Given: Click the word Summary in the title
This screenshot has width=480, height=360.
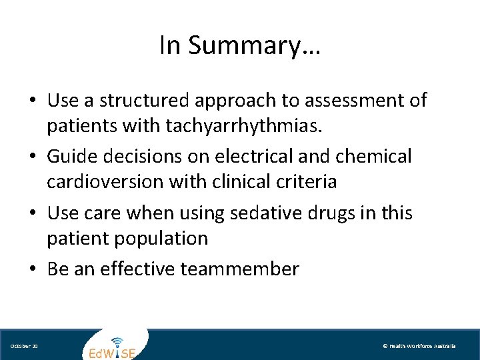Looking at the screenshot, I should tap(254, 45).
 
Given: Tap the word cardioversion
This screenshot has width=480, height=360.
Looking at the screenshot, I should tap(103, 181).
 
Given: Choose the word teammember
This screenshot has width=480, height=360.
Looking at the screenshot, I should tap(251, 269).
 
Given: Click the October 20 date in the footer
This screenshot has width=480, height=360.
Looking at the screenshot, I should tap(24, 347).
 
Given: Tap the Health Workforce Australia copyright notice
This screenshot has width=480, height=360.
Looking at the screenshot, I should tap(419, 347).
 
